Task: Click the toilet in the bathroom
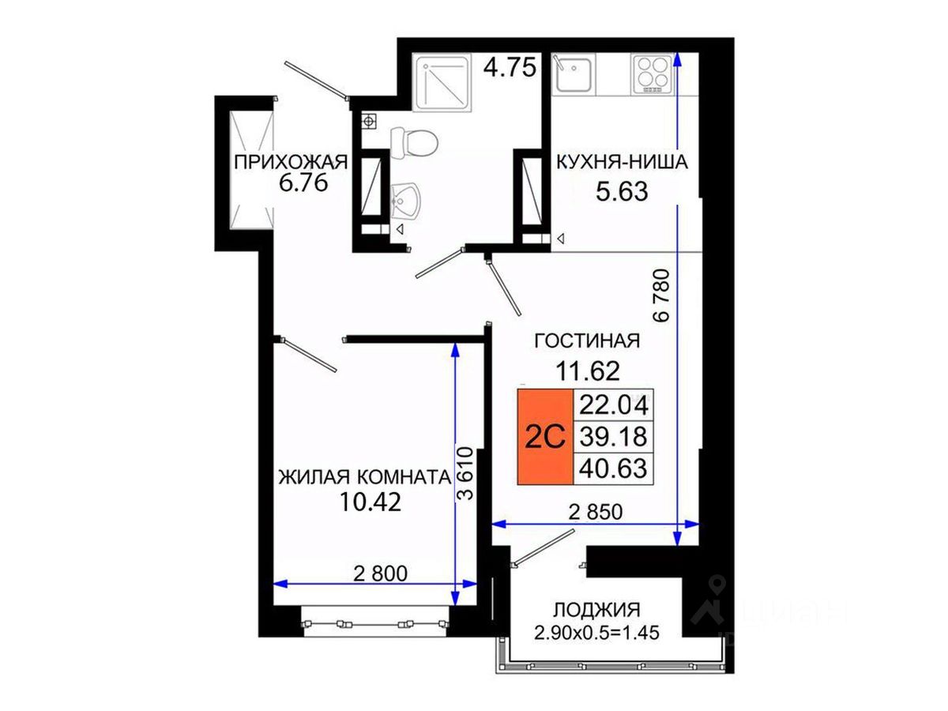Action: [413, 142]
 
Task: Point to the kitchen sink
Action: [573, 74]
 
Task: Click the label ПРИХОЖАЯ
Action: [291, 163]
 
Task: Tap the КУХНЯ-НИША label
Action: [622, 162]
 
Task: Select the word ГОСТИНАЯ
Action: [587, 341]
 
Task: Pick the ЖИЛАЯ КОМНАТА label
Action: [365, 477]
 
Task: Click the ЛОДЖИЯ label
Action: [596, 611]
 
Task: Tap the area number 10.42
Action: [371, 502]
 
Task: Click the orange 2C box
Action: [545, 437]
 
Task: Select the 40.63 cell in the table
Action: [613, 468]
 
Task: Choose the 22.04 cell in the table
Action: [613, 405]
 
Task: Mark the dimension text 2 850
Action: [596, 513]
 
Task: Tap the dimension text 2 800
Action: [380, 574]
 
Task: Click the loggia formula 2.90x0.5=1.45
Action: [597, 633]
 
